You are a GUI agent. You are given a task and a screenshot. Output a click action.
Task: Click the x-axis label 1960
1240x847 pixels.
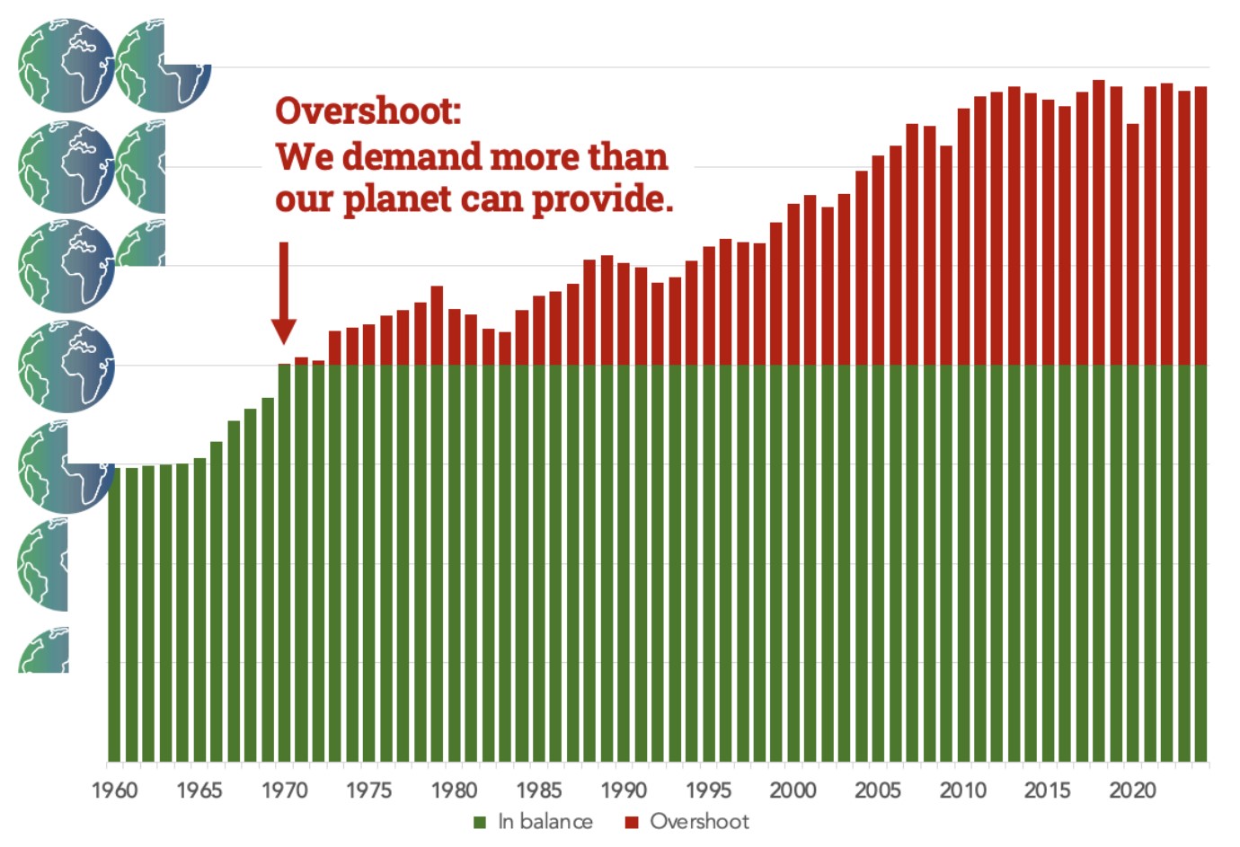114,790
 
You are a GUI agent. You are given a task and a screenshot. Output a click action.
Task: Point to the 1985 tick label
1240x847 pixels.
538,790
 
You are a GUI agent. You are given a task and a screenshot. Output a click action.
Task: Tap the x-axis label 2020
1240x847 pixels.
1132,790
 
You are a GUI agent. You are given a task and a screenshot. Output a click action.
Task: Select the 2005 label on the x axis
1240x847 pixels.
877,790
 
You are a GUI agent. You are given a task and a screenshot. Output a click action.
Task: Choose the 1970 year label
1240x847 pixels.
284,790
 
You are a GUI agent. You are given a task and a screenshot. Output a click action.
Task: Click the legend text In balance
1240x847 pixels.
545,822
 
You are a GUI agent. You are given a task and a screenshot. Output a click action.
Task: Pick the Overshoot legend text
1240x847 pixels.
699,822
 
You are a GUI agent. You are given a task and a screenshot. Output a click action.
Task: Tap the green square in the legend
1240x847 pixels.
480,823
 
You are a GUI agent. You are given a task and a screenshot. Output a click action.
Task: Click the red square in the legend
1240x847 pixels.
632,823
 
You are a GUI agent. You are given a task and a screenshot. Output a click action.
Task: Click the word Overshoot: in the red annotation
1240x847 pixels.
368,111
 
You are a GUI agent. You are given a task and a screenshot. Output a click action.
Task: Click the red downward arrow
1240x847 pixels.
284,296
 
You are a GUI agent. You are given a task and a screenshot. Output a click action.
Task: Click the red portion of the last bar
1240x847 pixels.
1200,225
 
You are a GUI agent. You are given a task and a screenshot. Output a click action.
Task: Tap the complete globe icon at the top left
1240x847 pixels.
66,66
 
